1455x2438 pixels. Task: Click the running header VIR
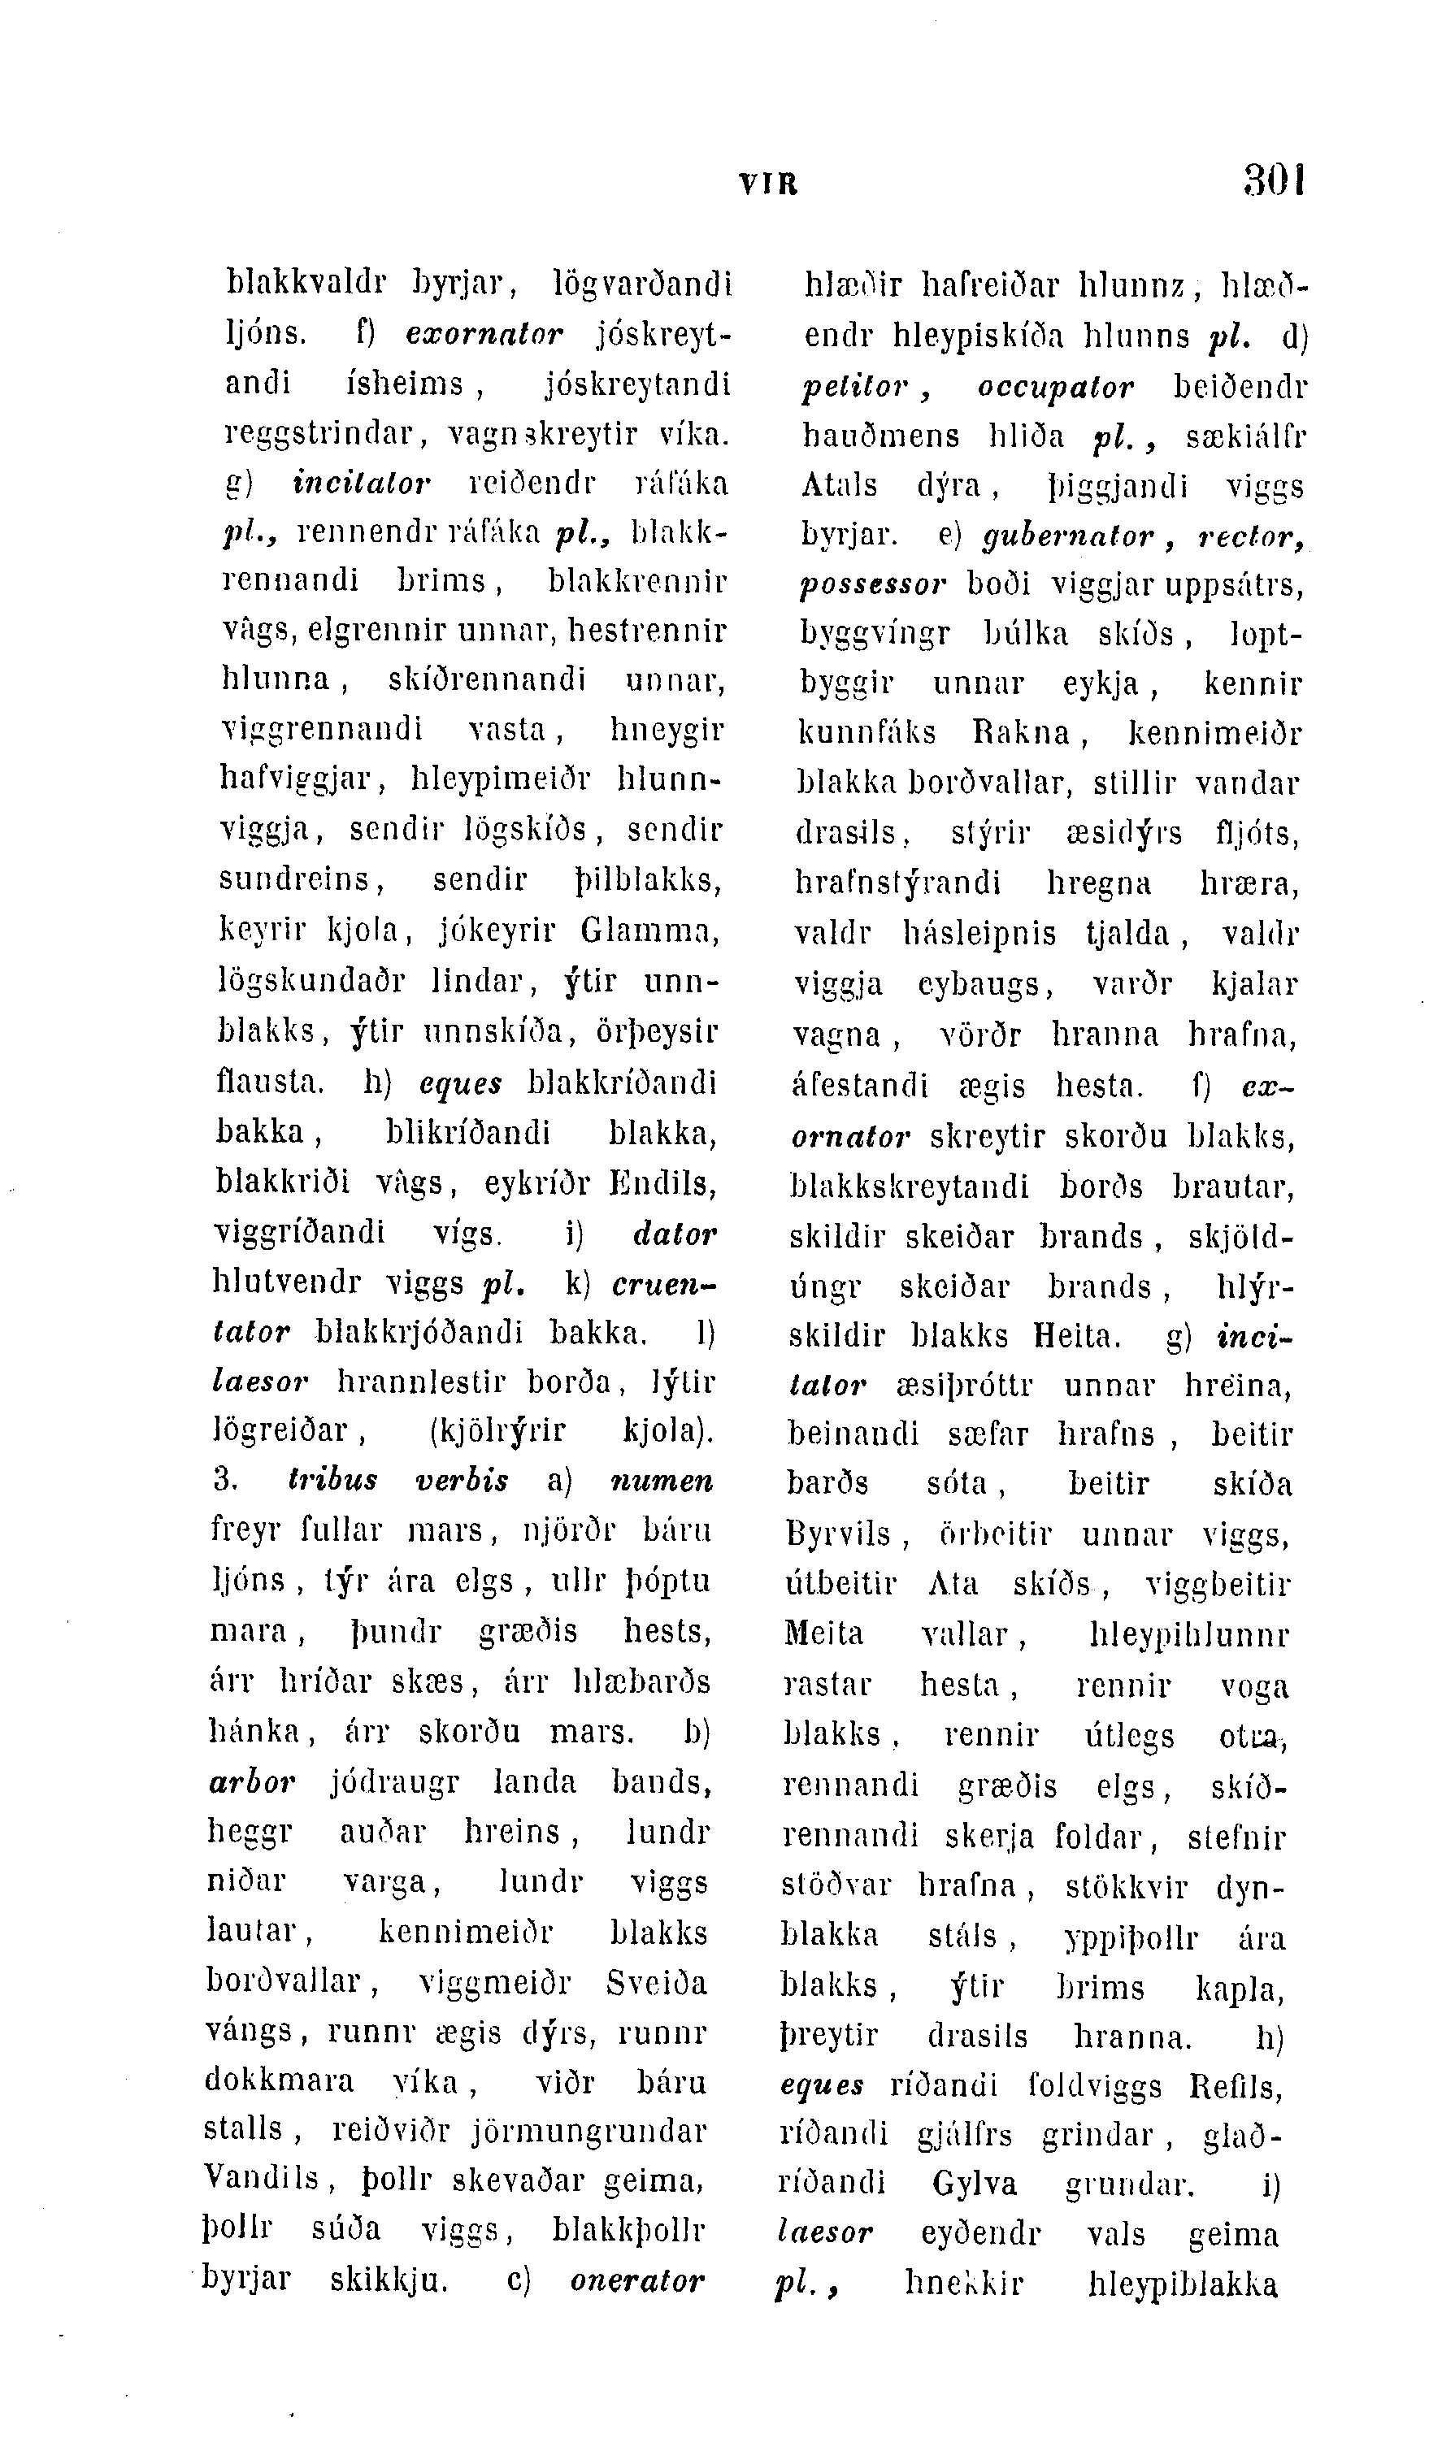(767, 184)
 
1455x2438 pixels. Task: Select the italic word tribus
(332, 1479)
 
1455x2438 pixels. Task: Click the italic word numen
(661, 1479)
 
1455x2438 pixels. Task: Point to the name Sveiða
(656, 1982)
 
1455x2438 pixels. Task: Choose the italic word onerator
(637, 2280)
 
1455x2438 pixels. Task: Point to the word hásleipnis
(979, 932)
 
